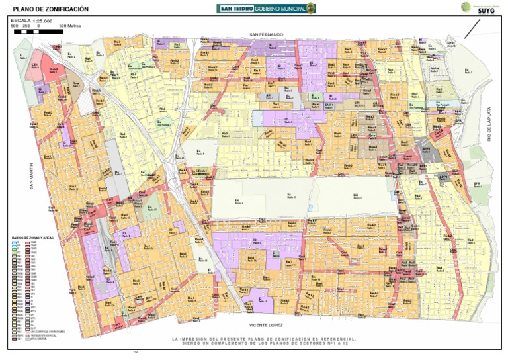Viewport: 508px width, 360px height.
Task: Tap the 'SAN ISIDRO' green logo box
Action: [235, 8]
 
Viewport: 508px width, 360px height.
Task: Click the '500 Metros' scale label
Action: [69, 26]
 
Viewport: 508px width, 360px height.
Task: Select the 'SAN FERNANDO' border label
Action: [266, 34]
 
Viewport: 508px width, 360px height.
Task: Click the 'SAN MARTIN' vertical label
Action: [30, 177]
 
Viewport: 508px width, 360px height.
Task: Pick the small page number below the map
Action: [136, 353]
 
